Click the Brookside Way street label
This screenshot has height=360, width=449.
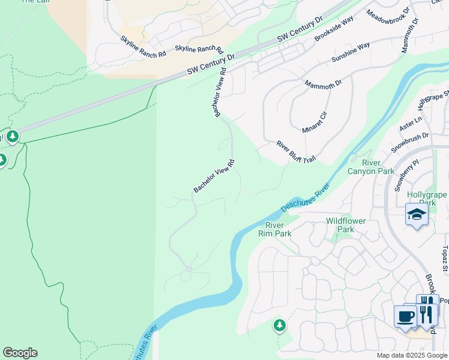click(334, 29)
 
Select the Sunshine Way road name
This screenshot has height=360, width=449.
click(351, 53)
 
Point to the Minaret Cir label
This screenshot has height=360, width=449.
click(315, 122)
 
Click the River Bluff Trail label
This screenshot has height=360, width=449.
click(295, 153)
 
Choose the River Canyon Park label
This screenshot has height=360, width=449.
click(371, 167)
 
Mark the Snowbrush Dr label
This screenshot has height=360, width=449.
click(409, 142)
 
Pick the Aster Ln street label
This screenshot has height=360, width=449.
click(411, 124)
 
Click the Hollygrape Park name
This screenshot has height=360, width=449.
click(427, 199)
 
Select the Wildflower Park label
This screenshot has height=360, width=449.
click(346, 225)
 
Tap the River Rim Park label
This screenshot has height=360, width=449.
click(279, 229)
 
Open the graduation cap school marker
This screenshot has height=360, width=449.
click(417, 215)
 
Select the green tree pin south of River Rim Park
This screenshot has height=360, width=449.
click(279, 326)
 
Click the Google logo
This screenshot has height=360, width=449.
click(20, 353)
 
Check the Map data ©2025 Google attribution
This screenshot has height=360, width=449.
click(412, 355)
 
